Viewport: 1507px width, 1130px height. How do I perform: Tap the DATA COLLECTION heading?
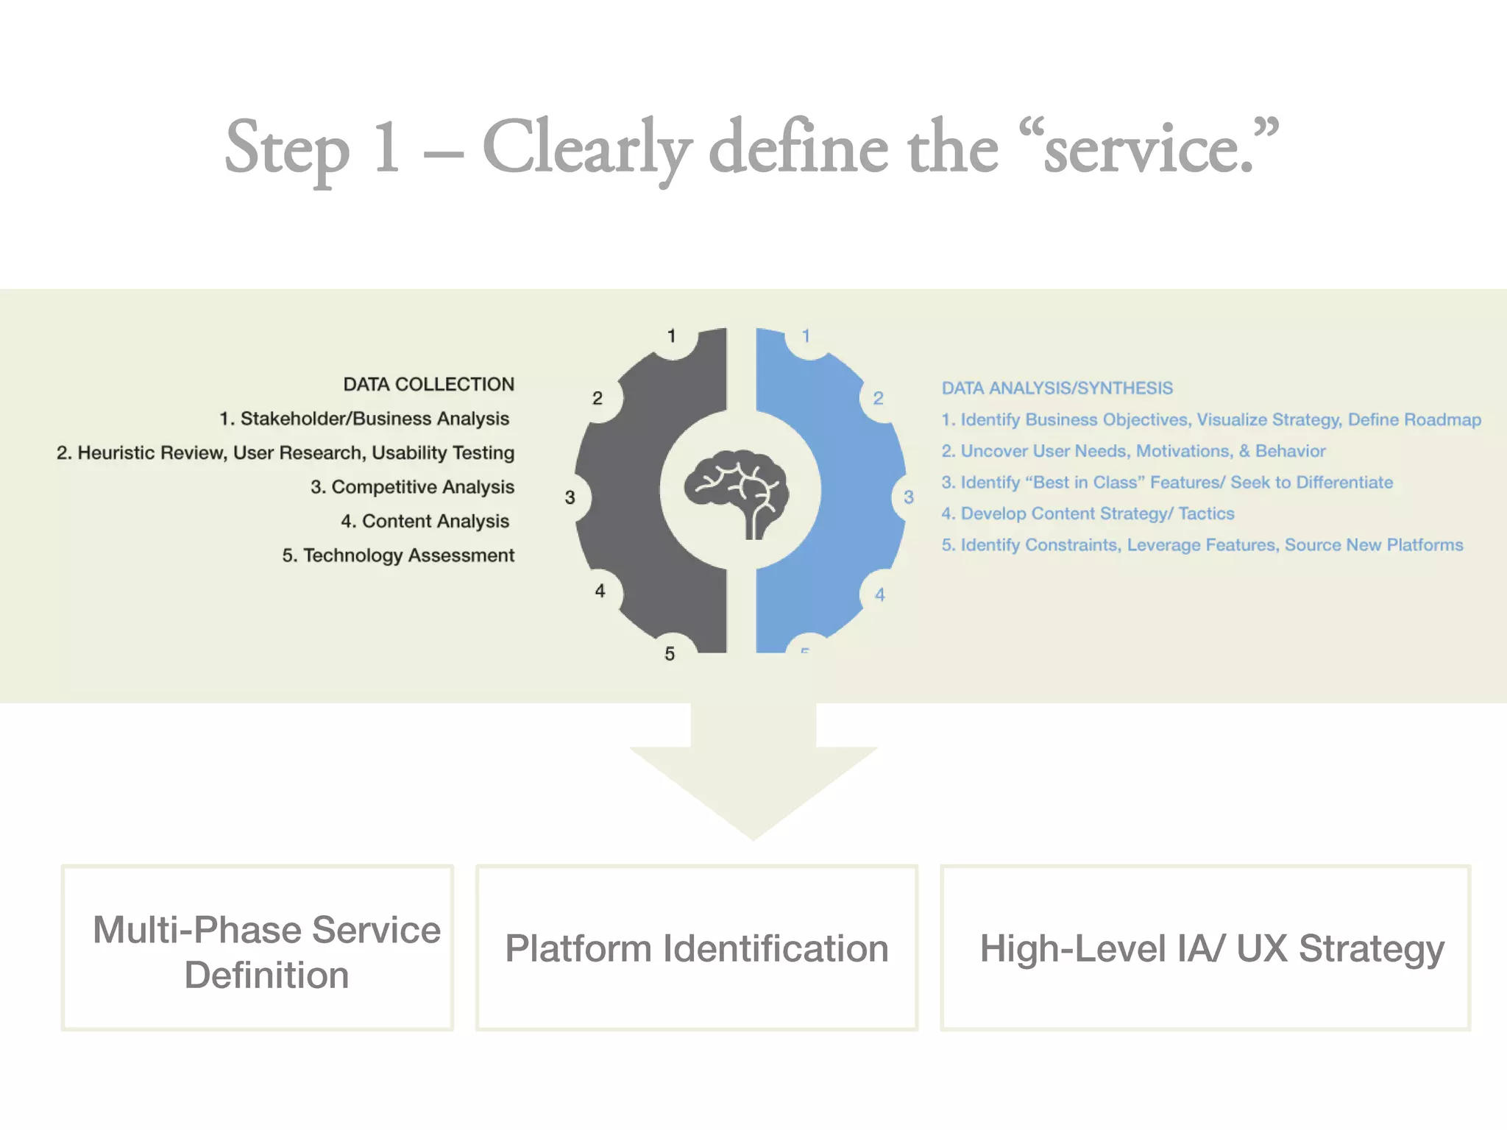pos(429,384)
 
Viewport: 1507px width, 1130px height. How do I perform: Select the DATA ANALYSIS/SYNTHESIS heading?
pos(1057,388)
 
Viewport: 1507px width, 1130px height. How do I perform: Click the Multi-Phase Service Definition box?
pos(258,948)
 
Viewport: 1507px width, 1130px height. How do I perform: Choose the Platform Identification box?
pos(696,948)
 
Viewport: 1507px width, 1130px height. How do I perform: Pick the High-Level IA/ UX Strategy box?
pos(1205,948)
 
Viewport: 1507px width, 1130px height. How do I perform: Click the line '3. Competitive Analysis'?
pos(412,487)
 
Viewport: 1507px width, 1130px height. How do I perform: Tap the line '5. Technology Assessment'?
pos(398,555)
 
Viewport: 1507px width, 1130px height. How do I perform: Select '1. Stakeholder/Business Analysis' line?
pos(364,419)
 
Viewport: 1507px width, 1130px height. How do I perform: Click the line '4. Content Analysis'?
pos(425,521)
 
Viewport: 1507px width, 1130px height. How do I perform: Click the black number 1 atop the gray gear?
pos(671,336)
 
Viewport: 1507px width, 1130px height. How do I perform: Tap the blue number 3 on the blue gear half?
pos(909,497)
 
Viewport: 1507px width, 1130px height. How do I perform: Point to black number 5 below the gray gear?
pos(670,654)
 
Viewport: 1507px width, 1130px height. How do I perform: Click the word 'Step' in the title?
pos(287,149)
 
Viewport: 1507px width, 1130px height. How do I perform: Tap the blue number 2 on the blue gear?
pos(878,399)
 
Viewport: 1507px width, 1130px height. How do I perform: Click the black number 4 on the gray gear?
pos(600,591)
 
